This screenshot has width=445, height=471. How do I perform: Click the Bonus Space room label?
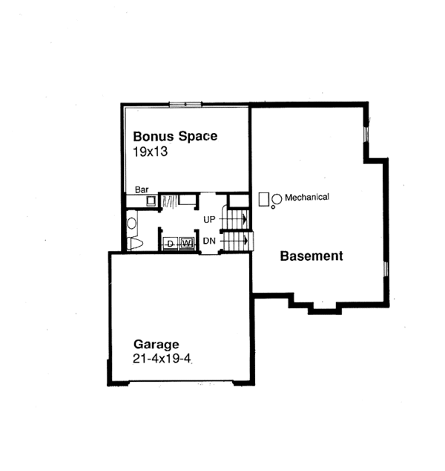pos(174,136)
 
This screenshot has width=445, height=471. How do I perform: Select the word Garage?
pos(156,344)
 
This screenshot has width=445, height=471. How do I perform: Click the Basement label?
pos(311,256)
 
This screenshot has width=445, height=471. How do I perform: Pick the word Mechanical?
pos(306,197)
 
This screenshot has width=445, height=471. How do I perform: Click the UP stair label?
pos(210,220)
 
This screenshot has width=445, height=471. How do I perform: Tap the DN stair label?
pos(210,241)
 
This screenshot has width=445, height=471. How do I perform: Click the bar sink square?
pos(150,201)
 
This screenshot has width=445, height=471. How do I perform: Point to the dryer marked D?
pos(170,243)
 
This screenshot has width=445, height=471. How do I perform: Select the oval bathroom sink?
pos(131,221)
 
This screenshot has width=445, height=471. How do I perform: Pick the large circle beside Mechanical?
pos(277,198)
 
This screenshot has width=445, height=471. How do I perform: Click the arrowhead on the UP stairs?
pos(243,220)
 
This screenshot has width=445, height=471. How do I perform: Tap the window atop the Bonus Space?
pos(184,104)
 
